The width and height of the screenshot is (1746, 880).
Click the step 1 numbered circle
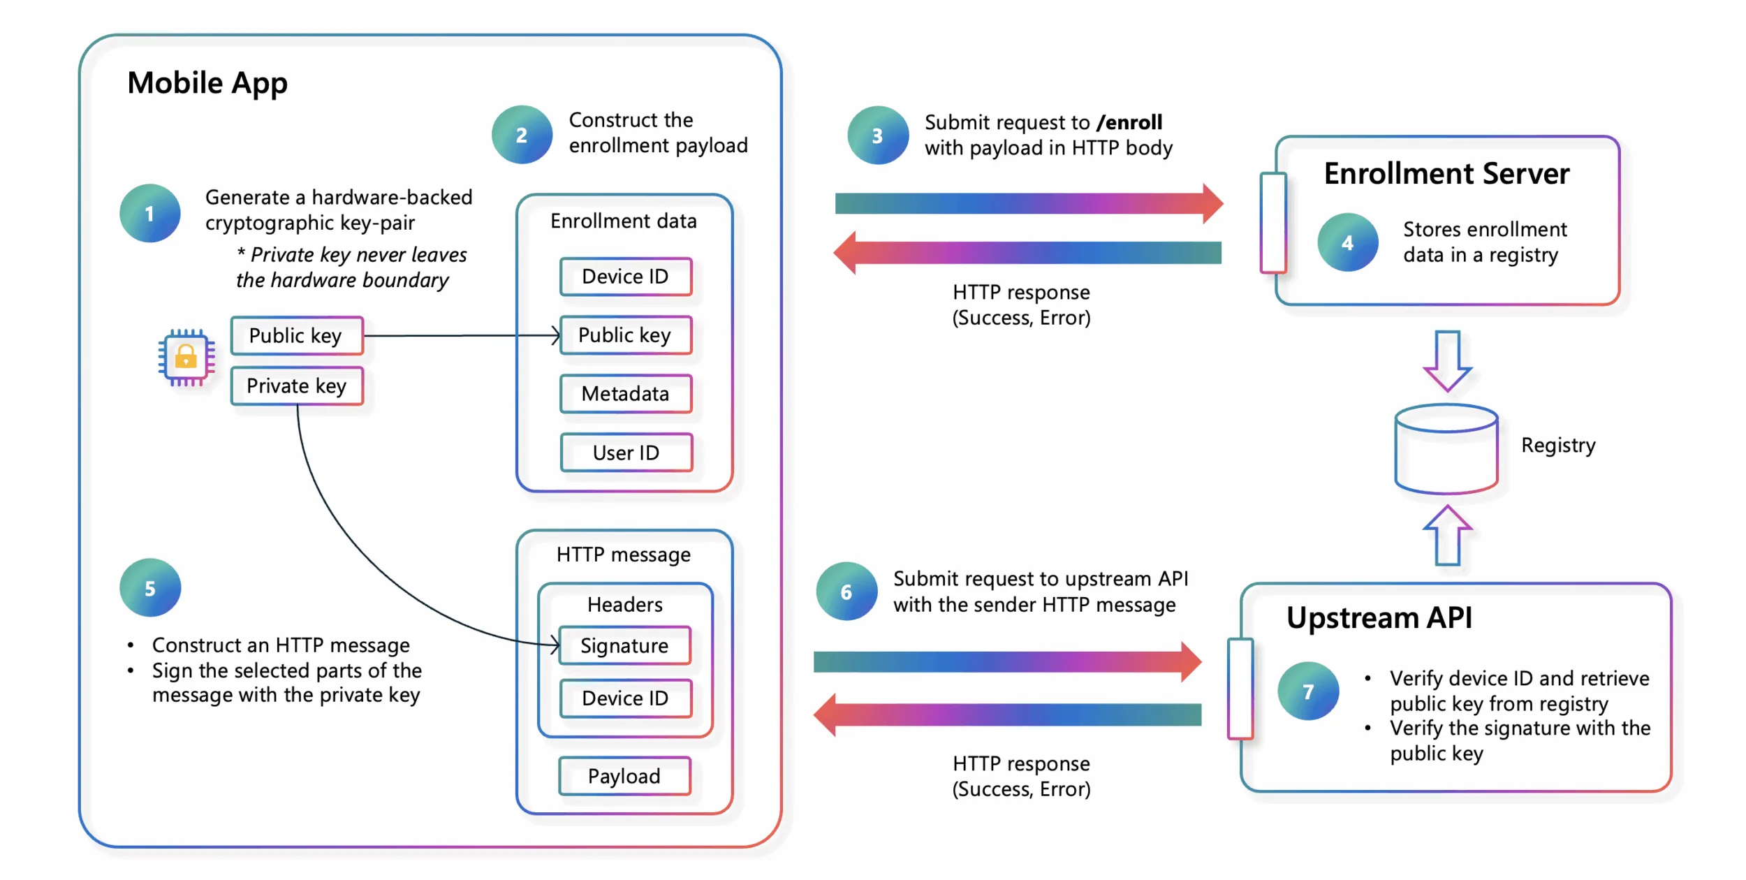pos(149,213)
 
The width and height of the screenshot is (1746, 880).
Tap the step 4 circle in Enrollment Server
pos(1347,242)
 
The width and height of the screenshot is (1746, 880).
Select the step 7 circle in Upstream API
pos(1307,691)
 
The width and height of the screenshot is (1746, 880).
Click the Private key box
pos(297,386)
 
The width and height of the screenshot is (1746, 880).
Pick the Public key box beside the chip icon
pos(297,336)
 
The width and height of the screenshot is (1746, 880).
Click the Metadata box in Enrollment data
pos(626,394)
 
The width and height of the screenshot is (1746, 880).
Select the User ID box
pos(626,453)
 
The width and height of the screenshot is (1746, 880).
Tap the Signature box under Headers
pos(625,645)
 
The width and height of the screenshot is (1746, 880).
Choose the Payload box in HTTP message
pos(624,776)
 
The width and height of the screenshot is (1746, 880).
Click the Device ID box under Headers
pos(625,698)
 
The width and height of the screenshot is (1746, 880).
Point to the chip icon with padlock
pos(186,358)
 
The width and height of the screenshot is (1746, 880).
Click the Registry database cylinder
pos(1446,450)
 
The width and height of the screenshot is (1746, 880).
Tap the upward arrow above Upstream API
pos(1447,536)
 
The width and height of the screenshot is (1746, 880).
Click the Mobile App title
pos(207,83)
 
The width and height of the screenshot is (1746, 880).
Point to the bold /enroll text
pos(1129,122)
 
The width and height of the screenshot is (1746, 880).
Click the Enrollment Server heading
pos(1446,173)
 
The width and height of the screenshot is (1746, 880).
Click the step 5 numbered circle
pos(149,588)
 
